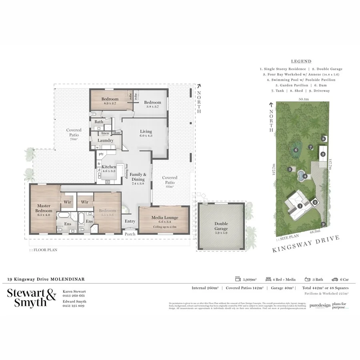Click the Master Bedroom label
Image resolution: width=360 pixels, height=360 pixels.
[x=44, y=208]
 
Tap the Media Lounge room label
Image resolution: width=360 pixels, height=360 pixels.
[x=164, y=218]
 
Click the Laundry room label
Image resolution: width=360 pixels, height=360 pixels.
[x=106, y=140]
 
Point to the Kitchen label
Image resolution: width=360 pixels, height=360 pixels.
[x=109, y=167]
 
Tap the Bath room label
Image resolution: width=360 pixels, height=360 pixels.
[x=99, y=122]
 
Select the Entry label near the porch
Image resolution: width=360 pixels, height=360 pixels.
[x=130, y=221]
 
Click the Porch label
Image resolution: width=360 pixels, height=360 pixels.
[x=130, y=234]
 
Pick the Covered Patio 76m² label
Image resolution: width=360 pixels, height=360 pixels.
[x=74, y=132]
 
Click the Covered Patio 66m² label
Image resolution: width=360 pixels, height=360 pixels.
[x=170, y=180]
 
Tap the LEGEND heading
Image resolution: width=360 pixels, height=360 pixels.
[x=301, y=62]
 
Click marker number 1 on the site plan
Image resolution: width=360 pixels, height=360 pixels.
[x=300, y=206]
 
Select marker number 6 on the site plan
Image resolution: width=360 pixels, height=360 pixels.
[x=296, y=150]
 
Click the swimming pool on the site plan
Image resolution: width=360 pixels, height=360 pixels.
[x=301, y=175]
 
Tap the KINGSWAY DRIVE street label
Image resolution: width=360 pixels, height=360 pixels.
[x=306, y=244]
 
